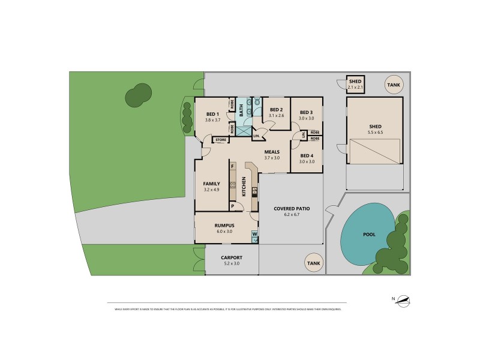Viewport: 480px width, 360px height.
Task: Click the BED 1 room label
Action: (x=212, y=114)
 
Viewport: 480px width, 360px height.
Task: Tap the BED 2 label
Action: (x=276, y=110)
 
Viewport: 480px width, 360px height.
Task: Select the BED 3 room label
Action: (x=306, y=112)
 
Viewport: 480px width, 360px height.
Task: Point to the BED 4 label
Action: (x=307, y=155)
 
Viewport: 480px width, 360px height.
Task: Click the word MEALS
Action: (x=272, y=152)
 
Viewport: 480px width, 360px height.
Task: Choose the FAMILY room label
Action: (x=211, y=184)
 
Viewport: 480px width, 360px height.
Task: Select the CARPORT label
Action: (x=231, y=257)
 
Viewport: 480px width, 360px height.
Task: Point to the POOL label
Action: (x=368, y=235)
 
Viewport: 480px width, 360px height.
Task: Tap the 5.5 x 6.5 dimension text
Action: (x=376, y=132)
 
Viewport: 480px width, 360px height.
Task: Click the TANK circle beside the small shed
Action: (x=393, y=85)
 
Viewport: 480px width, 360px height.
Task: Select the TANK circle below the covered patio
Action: (x=313, y=263)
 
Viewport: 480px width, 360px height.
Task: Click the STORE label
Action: (x=220, y=140)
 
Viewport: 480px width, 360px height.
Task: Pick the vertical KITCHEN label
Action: (x=244, y=187)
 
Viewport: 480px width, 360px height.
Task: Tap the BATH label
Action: (x=241, y=110)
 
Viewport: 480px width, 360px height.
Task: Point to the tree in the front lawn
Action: (x=138, y=95)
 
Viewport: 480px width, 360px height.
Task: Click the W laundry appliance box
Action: (x=254, y=234)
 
